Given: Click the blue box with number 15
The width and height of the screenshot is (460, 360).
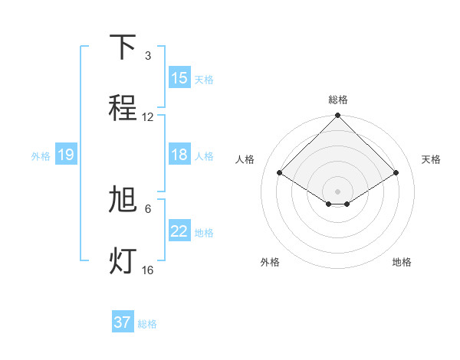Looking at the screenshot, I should (x=179, y=78).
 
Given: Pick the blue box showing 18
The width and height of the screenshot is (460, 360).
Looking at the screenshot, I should (x=179, y=155).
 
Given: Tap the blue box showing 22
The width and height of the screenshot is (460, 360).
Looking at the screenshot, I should (x=179, y=231).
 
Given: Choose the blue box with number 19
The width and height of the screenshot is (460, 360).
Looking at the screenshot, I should (x=66, y=155).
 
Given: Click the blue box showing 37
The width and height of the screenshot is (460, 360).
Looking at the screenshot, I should (x=123, y=322).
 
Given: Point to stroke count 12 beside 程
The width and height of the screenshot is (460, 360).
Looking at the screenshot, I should (x=148, y=117).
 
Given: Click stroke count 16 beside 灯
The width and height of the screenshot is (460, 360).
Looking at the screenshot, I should (x=148, y=270).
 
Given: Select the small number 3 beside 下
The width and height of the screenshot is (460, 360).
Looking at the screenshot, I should (x=148, y=56).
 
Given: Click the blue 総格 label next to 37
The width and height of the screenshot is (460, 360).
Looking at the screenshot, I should (x=147, y=324).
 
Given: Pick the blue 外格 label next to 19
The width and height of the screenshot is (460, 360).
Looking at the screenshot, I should (x=41, y=155).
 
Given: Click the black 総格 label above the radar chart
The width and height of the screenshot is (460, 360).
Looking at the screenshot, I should (x=338, y=100).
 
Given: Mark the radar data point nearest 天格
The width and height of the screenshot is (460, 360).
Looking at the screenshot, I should (x=396, y=172).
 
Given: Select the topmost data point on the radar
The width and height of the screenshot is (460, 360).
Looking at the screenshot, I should (x=338, y=116).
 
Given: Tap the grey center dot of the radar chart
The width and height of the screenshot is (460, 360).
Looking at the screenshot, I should (x=338, y=191).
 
